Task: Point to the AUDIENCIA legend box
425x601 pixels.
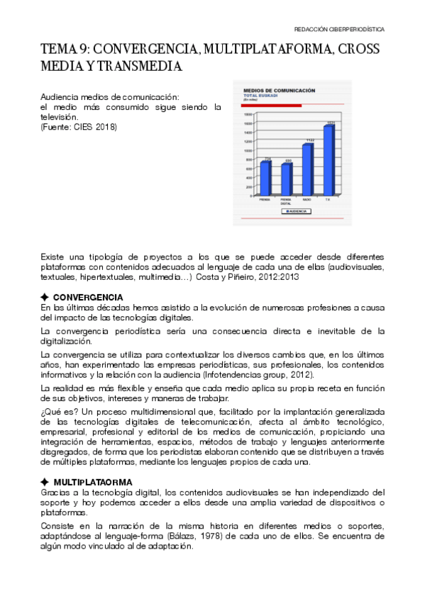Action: point(296,210)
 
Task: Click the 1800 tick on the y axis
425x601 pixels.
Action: point(248,113)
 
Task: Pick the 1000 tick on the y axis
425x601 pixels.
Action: point(248,150)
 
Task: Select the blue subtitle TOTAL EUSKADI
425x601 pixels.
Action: point(260,96)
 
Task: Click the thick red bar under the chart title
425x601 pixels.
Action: point(272,105)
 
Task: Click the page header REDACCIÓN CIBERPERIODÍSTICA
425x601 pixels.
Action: point(339,30)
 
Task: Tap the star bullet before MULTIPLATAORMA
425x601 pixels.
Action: point(45,483)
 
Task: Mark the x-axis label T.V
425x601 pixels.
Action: point(328,200)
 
